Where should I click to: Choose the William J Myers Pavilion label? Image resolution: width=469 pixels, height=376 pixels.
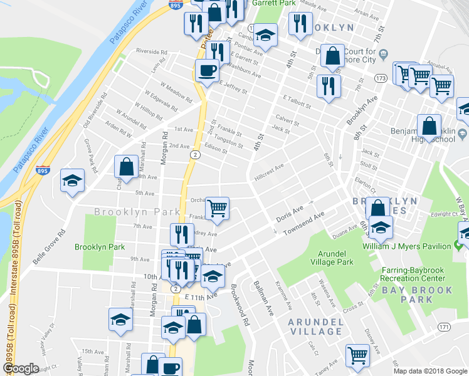(x=407, y=246)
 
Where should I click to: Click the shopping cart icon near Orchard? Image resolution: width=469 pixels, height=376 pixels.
(x=217, y=207)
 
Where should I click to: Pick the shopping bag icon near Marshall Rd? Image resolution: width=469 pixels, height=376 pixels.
(x=126, y=166)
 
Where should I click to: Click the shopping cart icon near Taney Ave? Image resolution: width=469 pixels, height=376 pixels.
(x=357, y=355)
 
